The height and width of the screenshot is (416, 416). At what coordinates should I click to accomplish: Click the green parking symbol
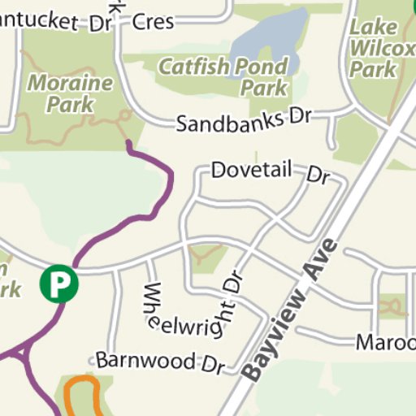[x=58, y=284]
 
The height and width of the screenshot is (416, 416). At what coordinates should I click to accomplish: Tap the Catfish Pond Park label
[x=223, y=76]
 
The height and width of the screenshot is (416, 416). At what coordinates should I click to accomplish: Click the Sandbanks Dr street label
[x=245, y=121]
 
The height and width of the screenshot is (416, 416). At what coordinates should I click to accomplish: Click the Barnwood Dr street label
[x=159, y=362]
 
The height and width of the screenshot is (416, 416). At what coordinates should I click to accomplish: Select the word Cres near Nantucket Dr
[x=152, y=21]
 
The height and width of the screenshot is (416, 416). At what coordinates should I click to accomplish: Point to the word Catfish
[x=192, y=66]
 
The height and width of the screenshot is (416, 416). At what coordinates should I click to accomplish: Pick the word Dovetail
[x=251, y=171]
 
